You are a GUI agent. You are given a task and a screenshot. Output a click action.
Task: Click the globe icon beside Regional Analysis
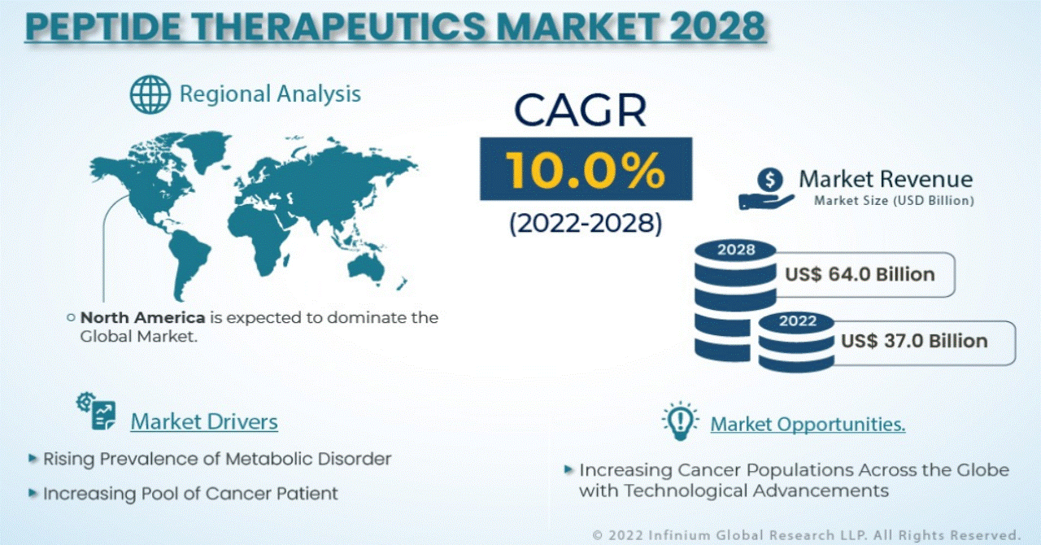click(x=150, y=94)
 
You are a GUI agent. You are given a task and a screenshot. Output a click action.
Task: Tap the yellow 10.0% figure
click(x=586, y=170)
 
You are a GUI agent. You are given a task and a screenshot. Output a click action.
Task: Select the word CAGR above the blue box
click(x=581, y=110)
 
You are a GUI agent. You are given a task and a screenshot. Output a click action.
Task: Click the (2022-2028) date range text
click(x=586, y=223)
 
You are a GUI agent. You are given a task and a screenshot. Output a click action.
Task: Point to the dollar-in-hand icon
click(x=767, y=190)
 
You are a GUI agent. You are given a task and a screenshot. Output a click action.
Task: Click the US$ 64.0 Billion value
click(x=860, y=274)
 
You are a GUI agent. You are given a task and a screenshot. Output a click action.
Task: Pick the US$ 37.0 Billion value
click(x=914, y=341)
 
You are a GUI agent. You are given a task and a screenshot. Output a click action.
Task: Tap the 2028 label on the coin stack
click(x=736, y=251)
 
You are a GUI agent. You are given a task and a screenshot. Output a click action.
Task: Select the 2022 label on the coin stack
click(x=798, y=320)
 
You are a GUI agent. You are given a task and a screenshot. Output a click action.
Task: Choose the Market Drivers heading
click(x=204, y=422)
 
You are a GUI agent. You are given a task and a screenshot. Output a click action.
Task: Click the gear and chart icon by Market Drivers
click(x=97, y=411)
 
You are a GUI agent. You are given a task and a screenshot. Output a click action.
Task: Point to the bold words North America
click(x=142, y=318)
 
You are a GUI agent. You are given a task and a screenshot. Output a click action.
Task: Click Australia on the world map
click(x=366, y=268)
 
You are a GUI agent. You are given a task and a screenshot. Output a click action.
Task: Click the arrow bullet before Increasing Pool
click(x=33, y=493)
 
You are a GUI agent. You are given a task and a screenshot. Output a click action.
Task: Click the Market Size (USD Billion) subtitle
click(x=894, y=201)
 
